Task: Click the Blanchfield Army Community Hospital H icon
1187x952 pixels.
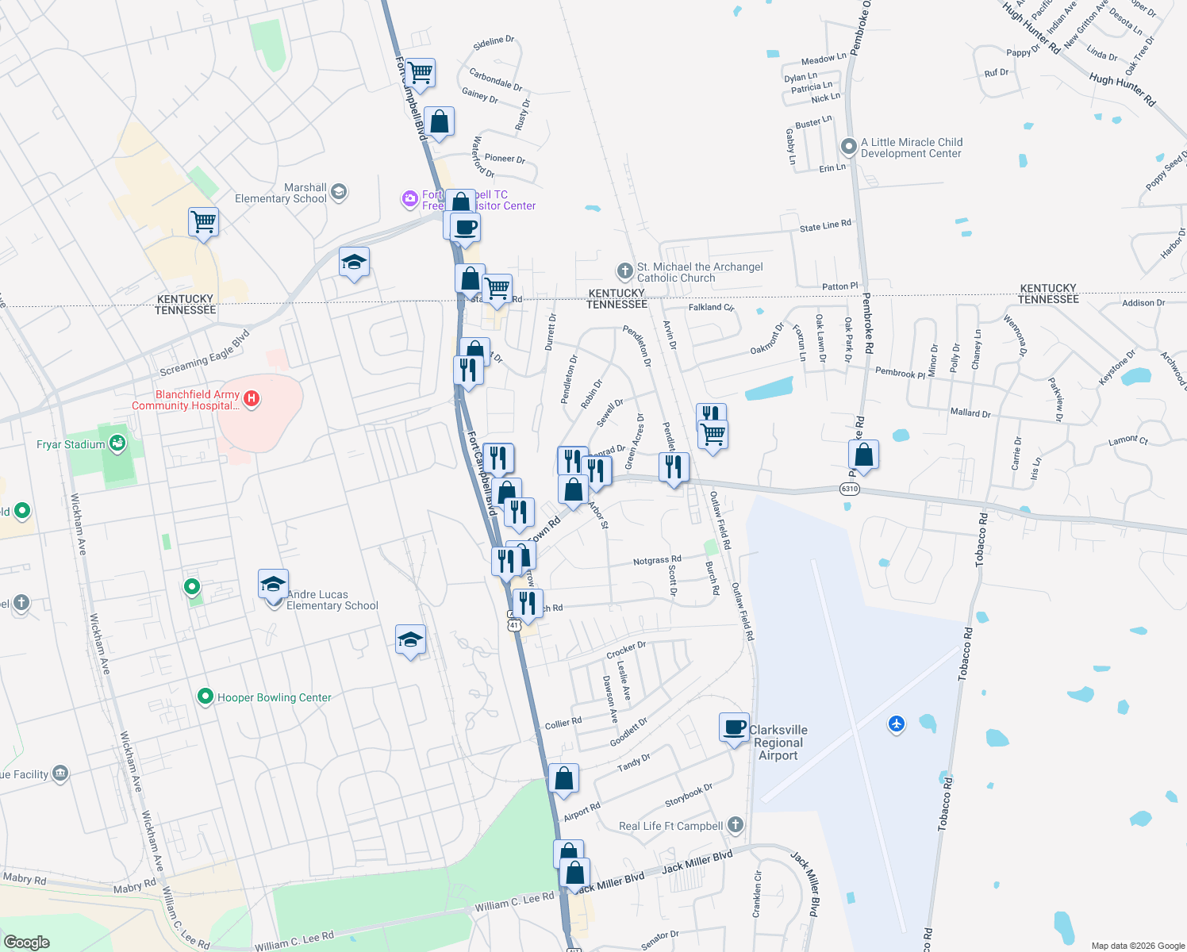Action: tap(252, 398)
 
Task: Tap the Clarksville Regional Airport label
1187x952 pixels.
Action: tap(778, 743)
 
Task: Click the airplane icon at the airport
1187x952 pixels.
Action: tap(897, 724)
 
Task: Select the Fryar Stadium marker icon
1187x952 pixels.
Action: tap(117, 443)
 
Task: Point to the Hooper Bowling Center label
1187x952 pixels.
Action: tap(274, 698)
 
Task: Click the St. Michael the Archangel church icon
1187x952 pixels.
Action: tap(625, 271)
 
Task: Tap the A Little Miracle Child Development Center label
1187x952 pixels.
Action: tap(911, 148)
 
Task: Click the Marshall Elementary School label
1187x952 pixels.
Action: tap(281, 193)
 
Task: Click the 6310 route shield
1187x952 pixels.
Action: tap(849, 489)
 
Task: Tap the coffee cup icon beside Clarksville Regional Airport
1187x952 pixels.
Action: tap(735, 727)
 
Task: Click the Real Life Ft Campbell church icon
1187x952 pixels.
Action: tap(736, 825)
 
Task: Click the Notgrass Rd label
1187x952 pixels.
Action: tap(657, 560)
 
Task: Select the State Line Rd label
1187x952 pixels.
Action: tap(825, 226)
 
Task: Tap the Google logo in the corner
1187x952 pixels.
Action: tap(27, 942)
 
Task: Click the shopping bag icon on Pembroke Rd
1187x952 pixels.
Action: tap(863, 455)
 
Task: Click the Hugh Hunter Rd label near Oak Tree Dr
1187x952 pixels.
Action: tap(1122, 90)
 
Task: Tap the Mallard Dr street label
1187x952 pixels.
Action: tap(970, 413)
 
